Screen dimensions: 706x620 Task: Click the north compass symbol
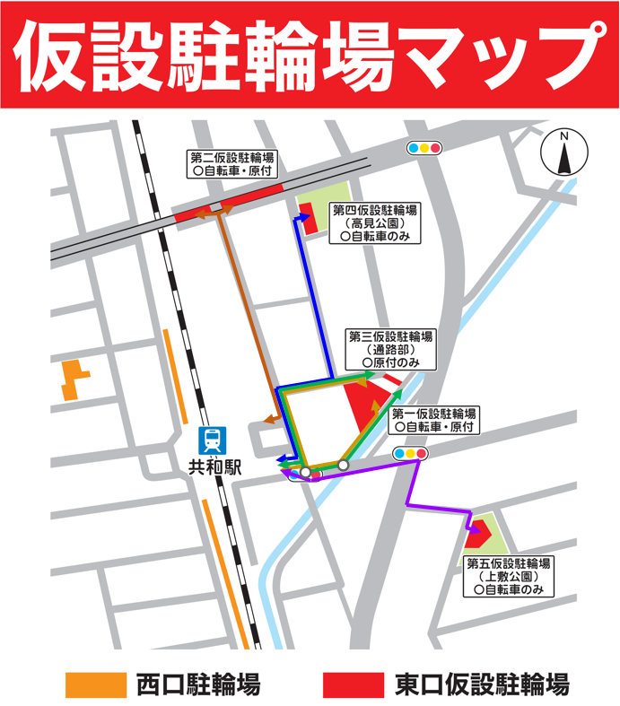click(x=564, y=154)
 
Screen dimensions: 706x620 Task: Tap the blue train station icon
click(x=213, y=440)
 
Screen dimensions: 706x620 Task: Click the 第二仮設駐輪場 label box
click(x=231, y=162)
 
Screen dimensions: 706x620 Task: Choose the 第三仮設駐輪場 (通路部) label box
click(x=391, y=349)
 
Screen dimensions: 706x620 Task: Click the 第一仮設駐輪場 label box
click(x=435, y=421)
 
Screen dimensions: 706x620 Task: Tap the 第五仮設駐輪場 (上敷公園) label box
click(x=508, y=576)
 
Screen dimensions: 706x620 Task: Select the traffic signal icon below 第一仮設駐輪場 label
click(x=410, y=454)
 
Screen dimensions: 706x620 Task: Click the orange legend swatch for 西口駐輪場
click(x=94, y=684)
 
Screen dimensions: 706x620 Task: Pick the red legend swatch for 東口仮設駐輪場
click(x=353, y=684)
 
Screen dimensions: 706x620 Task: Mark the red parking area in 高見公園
click(x=308, y=219)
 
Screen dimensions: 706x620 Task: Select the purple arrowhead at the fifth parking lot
click(x=471, y=541)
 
